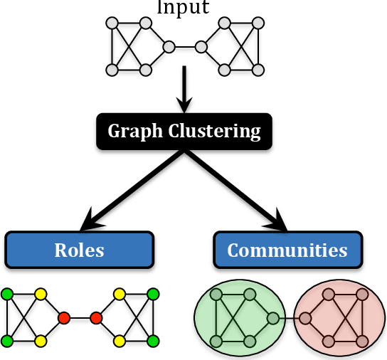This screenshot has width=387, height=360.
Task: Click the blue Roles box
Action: point(79,250)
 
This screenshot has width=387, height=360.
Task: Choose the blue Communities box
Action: point(287,250)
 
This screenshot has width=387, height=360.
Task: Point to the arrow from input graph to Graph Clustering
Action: point(184,89)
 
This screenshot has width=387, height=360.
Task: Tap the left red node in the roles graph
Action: point(64,317)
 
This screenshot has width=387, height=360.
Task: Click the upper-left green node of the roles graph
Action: point(7,293)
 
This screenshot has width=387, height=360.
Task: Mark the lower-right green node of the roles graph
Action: point(152,341)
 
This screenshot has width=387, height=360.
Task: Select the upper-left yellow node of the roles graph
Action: point(41,293)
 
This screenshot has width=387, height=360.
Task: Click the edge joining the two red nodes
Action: point(80,317)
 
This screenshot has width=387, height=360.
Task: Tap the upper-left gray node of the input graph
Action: point(112,23)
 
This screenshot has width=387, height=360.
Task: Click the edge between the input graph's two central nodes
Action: point(185,47)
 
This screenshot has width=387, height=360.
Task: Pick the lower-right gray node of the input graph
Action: point(258,70)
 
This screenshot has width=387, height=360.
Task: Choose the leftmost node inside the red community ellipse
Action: point(306,318)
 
